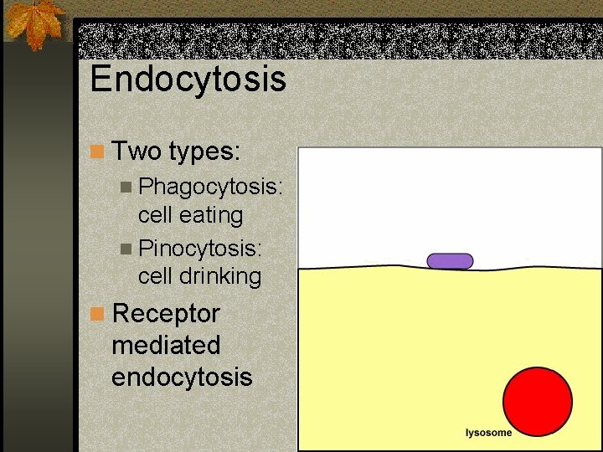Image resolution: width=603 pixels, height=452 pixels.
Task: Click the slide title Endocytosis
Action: click(x=188, y=80)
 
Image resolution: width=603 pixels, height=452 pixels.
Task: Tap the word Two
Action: click(x=137, y=152)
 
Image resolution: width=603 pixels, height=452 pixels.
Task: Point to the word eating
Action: click(x=210, y=215)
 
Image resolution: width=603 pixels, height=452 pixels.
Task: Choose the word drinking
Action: click(x=219, y=275)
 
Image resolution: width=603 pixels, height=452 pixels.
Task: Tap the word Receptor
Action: click(x=166, y=314)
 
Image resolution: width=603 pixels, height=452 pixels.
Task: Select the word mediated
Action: click(x=166, y=345)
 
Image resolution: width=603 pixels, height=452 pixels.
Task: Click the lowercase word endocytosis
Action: click(x=182, y=377)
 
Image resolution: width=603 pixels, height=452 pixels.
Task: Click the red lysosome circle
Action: click(x=537, y=402)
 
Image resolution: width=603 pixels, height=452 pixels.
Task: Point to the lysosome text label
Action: click(x=488, y=433)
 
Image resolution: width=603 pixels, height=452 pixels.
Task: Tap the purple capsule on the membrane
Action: click(x=450, y=261)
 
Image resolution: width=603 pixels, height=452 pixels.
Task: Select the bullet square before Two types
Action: click(x=97, y=152)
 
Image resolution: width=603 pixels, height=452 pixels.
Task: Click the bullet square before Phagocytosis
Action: click(x=126, y=186)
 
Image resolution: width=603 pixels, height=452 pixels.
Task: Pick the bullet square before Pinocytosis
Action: click(x=126, y=249)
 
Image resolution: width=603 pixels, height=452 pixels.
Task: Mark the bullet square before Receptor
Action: click(x=97, y=314)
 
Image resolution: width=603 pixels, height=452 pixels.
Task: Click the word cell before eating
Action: click(x=156, y=215)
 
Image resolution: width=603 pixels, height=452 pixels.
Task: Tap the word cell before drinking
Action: click(x=156, y=275)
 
